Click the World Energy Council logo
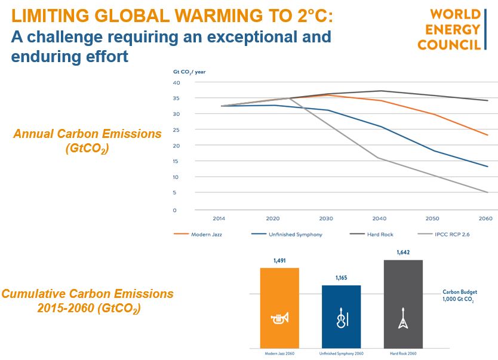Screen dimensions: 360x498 point(457,29)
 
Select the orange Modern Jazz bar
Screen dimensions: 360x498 point(279,307)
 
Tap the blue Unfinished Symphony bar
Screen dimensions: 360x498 point(341,316)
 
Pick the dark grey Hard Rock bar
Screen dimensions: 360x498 point(402,303)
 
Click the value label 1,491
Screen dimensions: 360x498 point(279,261)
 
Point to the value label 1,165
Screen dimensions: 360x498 point(341,278)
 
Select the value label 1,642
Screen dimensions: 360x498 point(402,253)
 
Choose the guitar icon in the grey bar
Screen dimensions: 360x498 point(402,321)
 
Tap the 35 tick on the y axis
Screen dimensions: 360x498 point(176,98)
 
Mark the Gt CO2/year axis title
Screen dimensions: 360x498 point(190,72)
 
